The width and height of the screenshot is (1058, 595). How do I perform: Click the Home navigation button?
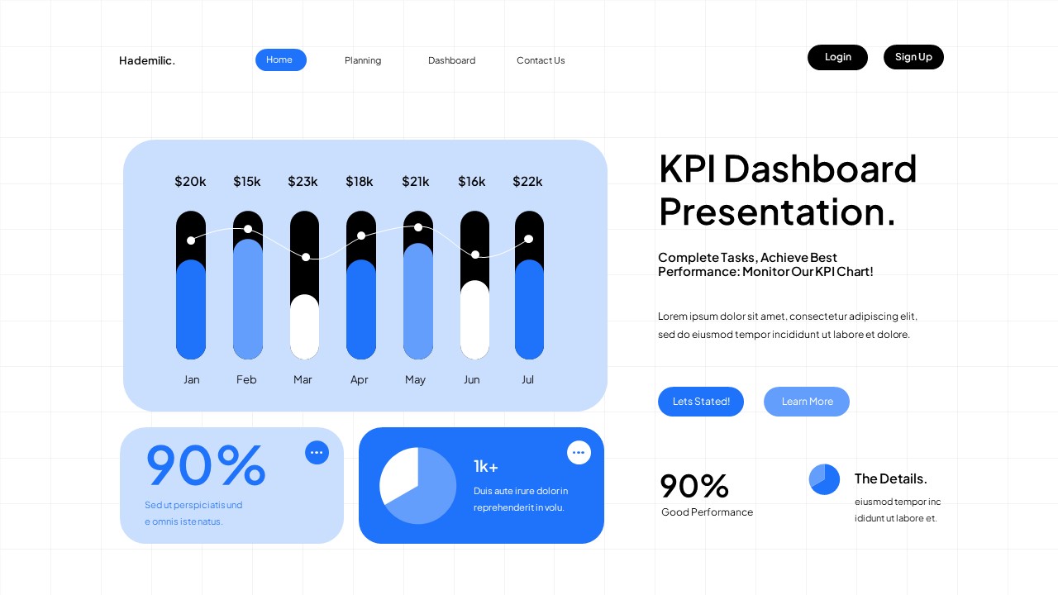pyautogui.click(x=280, y=59)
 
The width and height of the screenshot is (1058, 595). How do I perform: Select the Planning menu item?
pyautogui.click(x=363, y=60)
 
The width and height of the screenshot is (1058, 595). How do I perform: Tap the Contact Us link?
pyautogui.click(x=541, y=60)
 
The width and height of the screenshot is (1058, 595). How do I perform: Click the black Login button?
pyautogui.click(x=837, y=57)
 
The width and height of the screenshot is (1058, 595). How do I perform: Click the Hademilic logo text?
pyautogui.click(x=147, y=60)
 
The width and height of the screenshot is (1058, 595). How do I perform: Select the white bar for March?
pyautogui.click(x=305, y=327)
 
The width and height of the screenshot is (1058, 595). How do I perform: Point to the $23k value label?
pyautogui.click(x=303, y=181)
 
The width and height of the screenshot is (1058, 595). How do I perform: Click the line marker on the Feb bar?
pyautogui.click(x=248, y=229)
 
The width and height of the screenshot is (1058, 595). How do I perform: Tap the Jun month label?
pyautogui.click(x=471, y=379)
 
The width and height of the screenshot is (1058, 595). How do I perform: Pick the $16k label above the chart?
pyautogui.click(x=472, y=181)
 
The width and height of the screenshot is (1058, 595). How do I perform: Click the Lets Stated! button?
pyautogui.click(x=701, y=402)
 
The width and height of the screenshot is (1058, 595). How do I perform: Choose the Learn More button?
pyautogui.click(x=807, y=402)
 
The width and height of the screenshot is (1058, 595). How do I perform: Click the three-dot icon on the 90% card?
pyautogui.click(x=317, y=453)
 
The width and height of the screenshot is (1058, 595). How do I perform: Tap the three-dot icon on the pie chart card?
pyautogui.click(x=579, y=453)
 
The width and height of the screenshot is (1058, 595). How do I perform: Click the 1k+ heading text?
pyautogui.click(x=486, y=467)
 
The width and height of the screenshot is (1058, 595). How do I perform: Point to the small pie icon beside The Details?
pyautogui.click(x=824, y=479)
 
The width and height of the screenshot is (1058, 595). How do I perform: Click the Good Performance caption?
pyautogui.click(x=707, y=512)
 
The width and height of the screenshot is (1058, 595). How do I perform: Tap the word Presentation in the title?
pyautogui.click(x=776, y=212)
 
